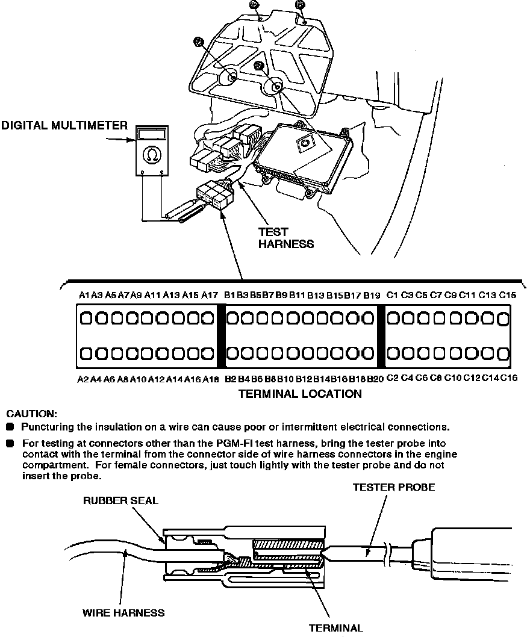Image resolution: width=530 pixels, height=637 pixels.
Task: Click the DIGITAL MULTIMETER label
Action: (x=64, y=125)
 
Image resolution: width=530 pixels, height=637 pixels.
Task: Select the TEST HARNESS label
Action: (x=285, y=238)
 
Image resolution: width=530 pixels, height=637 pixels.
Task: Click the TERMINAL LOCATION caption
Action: (x=300, y=394)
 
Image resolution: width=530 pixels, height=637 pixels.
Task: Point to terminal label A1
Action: (x=84, y=295)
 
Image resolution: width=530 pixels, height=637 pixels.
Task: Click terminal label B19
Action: (x=372, y=295)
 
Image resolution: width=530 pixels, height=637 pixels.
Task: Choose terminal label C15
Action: (x=508, y=295)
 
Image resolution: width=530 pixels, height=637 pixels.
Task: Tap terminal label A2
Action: (x=83, y=379)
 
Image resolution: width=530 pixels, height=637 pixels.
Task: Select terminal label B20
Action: (x=375, y=379)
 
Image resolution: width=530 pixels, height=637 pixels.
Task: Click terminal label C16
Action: (x=510, y=379)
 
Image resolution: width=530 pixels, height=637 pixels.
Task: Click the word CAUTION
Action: (x=31, y=414)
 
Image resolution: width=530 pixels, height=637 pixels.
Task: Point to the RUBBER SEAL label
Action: (x=120, y=501)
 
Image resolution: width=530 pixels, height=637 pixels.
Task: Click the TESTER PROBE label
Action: (x=393, y=487)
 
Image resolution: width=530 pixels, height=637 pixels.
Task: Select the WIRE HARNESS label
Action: (x=123, y=613)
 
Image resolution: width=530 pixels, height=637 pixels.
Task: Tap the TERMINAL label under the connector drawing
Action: (x=335, y=628)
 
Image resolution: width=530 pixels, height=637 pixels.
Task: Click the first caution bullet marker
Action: (x=10, y=427)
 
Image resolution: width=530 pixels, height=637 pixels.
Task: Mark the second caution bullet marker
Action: (x=10, y=444)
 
